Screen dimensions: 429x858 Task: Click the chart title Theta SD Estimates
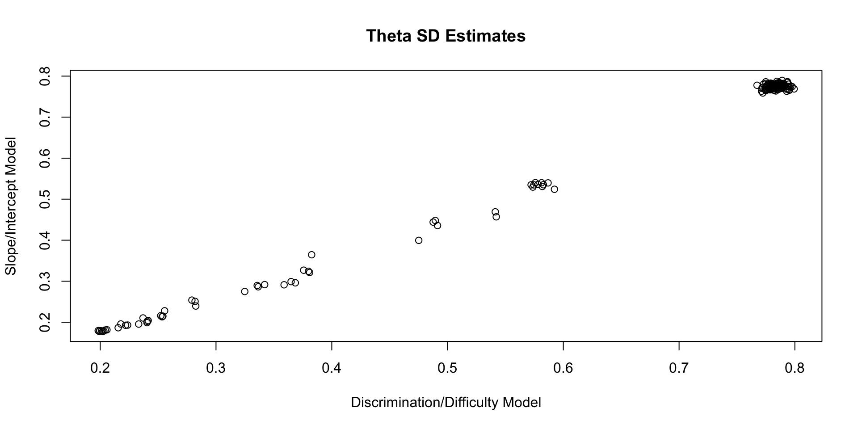point(446,36)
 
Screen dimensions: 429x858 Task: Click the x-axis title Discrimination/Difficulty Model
point(446,402)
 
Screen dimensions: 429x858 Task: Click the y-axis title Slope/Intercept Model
point(10,206)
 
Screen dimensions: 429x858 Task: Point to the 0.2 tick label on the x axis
point(100,368)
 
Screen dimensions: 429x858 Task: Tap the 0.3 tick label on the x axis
point(216,368)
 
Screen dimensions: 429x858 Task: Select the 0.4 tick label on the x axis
point(332,368)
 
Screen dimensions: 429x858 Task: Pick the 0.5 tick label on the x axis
point(447,368)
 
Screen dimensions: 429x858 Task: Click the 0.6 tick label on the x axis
point(563,368)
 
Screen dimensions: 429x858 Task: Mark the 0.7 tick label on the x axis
point(679,368)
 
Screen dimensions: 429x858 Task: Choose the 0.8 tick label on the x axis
point(795,368)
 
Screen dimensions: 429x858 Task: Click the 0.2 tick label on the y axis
point(45,322)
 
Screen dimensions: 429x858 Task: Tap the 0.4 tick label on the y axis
point(45,240)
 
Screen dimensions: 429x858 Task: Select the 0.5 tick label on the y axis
point(45,199)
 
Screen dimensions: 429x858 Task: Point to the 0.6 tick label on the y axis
point(45,158)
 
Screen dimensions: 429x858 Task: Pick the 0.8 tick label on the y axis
point(45,76)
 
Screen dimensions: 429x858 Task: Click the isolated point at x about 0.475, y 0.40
point(419,240)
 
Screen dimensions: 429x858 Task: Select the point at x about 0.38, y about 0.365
point(311,255)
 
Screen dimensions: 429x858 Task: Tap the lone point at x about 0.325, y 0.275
point(244,291)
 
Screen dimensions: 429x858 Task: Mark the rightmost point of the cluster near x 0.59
point(555,189)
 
